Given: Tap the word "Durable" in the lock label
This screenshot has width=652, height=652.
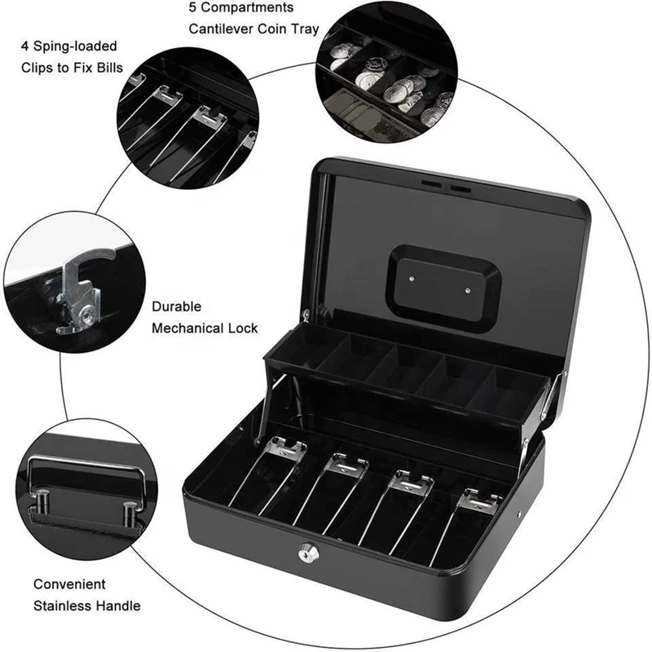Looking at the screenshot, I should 176,308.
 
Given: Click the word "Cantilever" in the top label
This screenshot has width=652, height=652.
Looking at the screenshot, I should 221,29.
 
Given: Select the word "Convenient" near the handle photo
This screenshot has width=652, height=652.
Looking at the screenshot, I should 69,584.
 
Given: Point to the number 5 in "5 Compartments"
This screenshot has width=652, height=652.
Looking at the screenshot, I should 193,8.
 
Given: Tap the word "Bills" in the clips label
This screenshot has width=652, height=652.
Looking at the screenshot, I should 107,67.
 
